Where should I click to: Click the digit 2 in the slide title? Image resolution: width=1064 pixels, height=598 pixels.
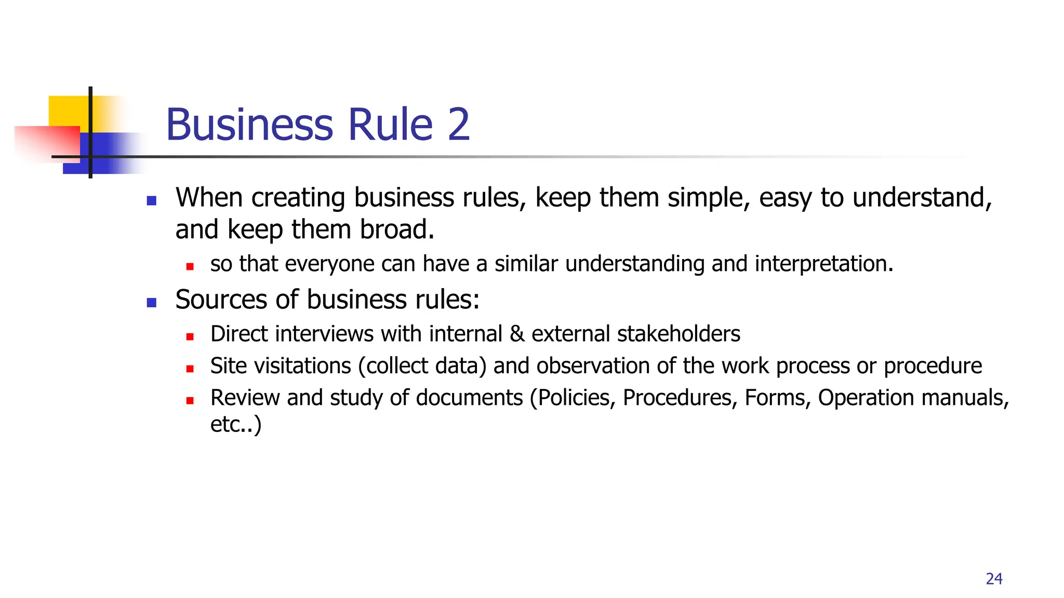coord(458,125)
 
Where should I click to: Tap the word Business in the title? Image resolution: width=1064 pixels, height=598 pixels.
coord(249,125)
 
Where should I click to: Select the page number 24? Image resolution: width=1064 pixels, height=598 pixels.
coord(994,579)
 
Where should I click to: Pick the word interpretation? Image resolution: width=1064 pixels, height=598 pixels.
coord(823,264)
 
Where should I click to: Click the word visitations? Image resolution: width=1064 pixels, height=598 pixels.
coord(281,366)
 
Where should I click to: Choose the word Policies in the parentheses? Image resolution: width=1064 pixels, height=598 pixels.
coord(576,398)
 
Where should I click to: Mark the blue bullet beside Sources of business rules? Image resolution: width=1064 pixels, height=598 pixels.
coord(152,303)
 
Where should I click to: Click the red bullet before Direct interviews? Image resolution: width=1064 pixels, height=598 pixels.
coord(190,336)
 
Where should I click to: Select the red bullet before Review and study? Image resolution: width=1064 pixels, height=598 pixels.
coord(190,400)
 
